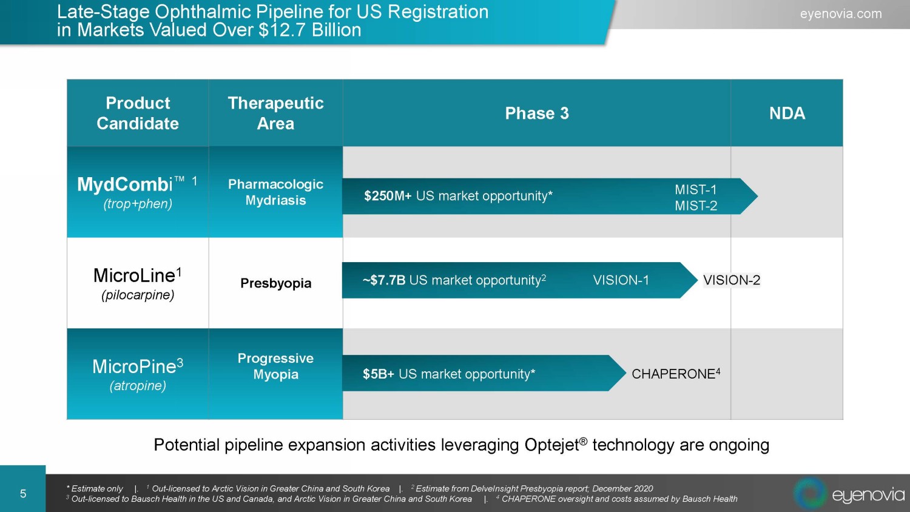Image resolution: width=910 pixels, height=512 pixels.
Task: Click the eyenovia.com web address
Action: point(840,14)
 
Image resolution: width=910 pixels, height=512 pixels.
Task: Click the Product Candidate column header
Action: point(138,113)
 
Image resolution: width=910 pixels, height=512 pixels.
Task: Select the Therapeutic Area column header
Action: point(276,113)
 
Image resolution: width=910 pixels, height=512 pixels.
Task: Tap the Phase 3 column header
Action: point(537,113)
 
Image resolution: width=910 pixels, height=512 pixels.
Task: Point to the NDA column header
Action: point(787,113)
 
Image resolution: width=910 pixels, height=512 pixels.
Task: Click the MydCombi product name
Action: point(125,184)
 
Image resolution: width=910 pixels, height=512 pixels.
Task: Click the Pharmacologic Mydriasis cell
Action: point(276,192)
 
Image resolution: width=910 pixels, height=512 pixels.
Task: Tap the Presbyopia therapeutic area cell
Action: point(276,283)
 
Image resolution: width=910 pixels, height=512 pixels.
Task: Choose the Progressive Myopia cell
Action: point(276,366)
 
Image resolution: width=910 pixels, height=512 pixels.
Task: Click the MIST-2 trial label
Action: point(696,206)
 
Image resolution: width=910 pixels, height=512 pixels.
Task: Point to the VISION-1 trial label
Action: point(621,280)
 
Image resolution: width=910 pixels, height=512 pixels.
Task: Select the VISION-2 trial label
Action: point(732,280)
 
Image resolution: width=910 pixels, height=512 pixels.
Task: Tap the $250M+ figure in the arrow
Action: point(388,196)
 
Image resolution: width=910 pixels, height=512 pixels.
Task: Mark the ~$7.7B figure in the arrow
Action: point(384,280)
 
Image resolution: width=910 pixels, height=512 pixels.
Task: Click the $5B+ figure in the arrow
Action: point(378,374)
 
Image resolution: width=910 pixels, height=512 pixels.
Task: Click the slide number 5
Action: point(23,494)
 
